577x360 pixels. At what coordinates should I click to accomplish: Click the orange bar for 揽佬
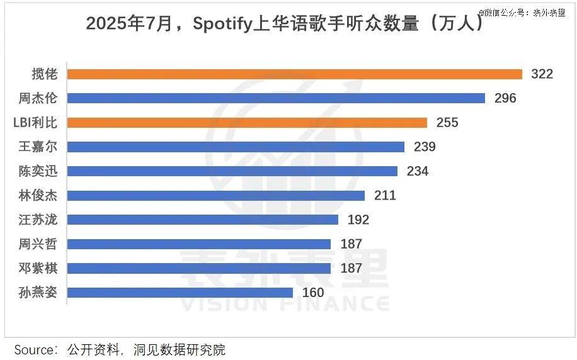(294, 74)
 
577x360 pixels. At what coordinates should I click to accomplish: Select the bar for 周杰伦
(275, 98)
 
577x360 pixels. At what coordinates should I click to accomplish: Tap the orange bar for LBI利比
(246, 123)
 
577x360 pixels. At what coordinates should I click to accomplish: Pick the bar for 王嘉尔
(235, 147)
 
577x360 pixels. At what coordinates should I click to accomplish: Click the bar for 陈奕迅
(232, 171)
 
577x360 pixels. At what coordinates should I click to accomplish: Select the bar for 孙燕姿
(180, 293)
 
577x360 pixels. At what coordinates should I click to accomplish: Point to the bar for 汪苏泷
(202, 220)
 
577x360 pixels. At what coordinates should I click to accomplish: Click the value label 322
(542, 74)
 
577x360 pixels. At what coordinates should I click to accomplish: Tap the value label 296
(505, 98)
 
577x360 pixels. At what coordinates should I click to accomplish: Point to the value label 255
(447, 123)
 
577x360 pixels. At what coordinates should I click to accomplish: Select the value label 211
(385, 196)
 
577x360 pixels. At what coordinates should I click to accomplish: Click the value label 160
(313, 293)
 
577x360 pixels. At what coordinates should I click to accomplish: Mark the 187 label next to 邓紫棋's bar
(351, 268)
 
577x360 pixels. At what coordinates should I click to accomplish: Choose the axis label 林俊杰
(38, 196)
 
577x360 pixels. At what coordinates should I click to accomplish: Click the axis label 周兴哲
(38, 244)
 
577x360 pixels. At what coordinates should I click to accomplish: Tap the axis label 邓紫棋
(38, 268)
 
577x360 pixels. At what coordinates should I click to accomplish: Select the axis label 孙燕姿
(38, 293)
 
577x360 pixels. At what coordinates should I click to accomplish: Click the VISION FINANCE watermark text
(285, 303)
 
